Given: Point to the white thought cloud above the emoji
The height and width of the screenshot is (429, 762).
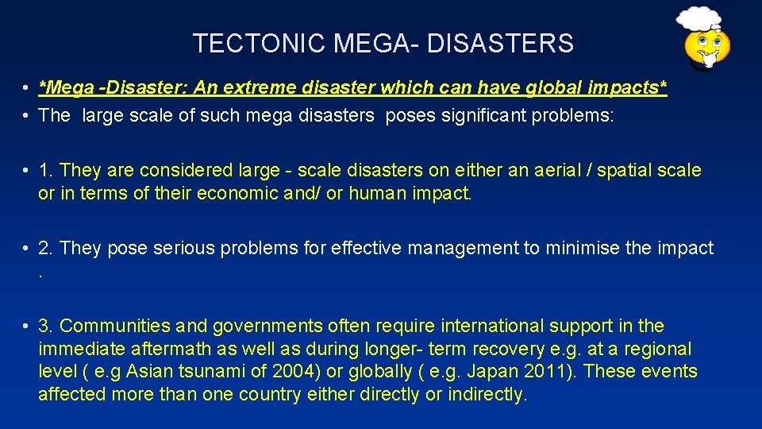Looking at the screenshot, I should coord(698,17).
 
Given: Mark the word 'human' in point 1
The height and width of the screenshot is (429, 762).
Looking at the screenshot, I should coord(376,193).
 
